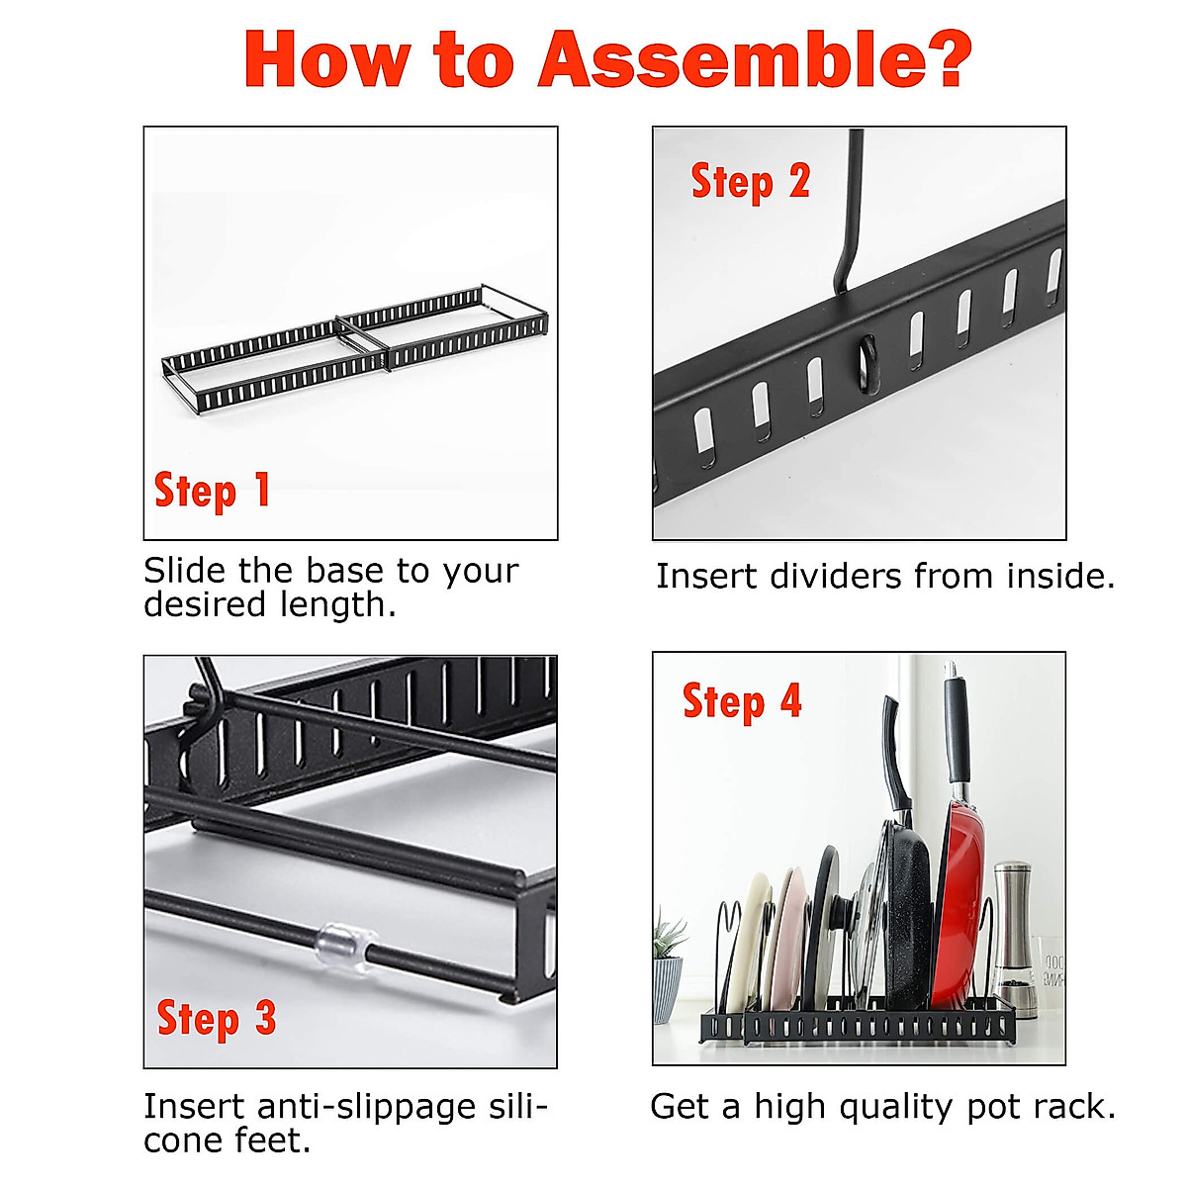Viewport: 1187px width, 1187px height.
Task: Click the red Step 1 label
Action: pos(212,491)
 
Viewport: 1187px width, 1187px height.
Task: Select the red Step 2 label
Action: pos(750,182)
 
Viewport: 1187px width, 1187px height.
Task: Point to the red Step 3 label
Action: pos(217,1018)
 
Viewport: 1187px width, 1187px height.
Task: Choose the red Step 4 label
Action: pos(742,701)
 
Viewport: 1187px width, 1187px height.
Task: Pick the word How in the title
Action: pos(327,59)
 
